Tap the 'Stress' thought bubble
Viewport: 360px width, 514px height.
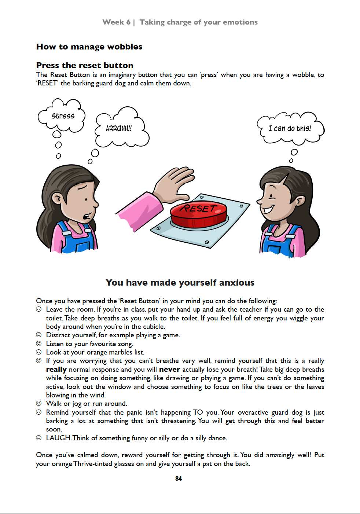point(62,116)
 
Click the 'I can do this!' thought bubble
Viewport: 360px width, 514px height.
point(290,128)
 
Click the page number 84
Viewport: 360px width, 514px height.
point(179,478)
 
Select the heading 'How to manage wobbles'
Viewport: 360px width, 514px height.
point(89,47)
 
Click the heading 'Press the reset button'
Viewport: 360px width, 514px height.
point(85,66)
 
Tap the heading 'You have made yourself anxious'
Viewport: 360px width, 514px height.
point(180,283)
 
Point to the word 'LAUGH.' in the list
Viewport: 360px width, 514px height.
point(59,438)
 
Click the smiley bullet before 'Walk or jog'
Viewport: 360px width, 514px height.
point(38,403)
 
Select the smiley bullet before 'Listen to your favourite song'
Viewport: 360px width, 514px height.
point(38,344)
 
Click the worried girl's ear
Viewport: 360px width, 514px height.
point(58,198)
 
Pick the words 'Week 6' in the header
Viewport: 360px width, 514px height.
point(116,22)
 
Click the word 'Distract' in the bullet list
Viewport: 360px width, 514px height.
point(59,335)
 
